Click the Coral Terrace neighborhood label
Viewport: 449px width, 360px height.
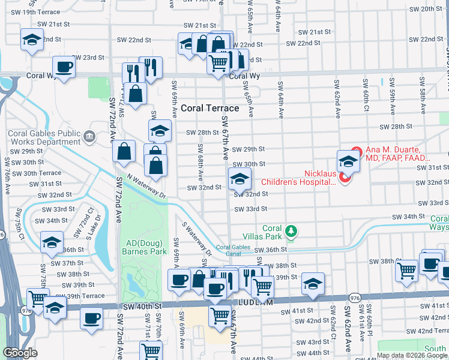click(x=209, y=108)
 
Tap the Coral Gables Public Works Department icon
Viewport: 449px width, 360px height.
click(x=90, y=137)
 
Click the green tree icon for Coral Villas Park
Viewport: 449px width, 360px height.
click(x=291, y=230)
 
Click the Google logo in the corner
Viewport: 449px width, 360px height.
click(x=20, y=353)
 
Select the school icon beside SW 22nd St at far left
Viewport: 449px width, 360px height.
click(x=32, y=40)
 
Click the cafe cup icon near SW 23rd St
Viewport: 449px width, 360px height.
click(x=64, y=67)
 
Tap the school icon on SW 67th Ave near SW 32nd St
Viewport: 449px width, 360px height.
click(x=239, y=179)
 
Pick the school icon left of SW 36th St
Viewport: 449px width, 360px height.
click(x=52, y=243)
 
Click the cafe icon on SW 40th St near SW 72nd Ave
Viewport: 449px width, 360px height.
click(x=91, y=319)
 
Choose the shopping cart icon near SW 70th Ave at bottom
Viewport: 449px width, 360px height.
click(x=151, y=351)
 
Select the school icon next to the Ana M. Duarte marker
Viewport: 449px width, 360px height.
click(x=348, y=161)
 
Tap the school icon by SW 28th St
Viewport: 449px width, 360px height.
click(x=160, y=130)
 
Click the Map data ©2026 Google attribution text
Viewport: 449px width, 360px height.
click(x=411, y=355)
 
